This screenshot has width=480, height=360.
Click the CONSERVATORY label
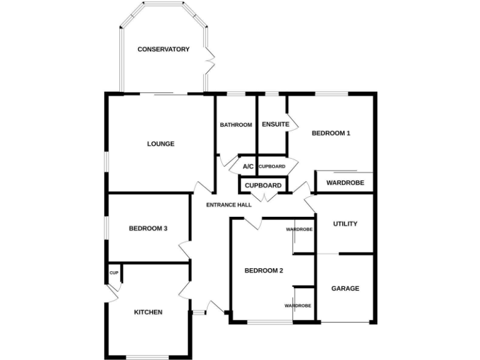point(163,49)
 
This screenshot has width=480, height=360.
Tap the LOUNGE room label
point(161,144)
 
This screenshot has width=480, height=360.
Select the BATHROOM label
point(236,125)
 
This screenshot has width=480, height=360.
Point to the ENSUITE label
point(275,124)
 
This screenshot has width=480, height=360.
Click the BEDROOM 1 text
point(331,133)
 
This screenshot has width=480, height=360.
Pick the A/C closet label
point(248,166)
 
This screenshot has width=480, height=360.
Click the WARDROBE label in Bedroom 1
point(345,182)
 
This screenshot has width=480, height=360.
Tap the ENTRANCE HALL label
point(229,204)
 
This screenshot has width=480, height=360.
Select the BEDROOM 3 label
point(148,229)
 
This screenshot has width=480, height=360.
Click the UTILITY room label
point(345,224)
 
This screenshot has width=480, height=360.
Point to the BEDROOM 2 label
point(264,271)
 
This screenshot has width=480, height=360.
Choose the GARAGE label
point(345,289)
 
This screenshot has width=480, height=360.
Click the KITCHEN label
point(148,312)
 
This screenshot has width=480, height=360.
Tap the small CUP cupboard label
point(114,273)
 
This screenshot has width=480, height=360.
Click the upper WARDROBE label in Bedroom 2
point(299,229)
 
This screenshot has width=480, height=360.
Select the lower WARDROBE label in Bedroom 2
point(297,306)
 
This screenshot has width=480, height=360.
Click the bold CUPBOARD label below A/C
point(262,186)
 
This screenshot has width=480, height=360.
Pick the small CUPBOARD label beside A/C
point(272,166)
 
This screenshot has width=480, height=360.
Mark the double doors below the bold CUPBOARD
point(264,198)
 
